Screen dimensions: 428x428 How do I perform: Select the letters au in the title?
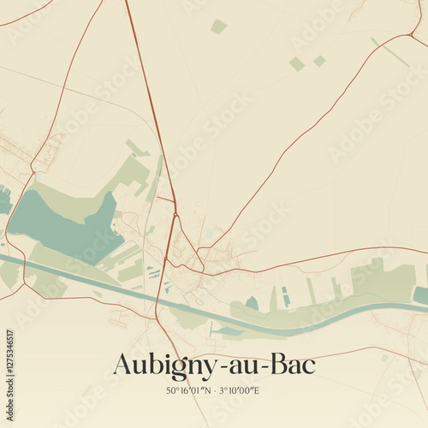coord(240,366)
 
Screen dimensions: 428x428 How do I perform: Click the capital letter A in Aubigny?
coord(122,364)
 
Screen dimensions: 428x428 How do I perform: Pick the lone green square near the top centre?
coord(219,27)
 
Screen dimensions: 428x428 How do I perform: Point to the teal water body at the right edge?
coord(420,294)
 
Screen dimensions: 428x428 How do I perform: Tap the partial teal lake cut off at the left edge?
coord(3,201)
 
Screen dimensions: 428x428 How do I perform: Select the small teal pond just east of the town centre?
coord(252,303)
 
